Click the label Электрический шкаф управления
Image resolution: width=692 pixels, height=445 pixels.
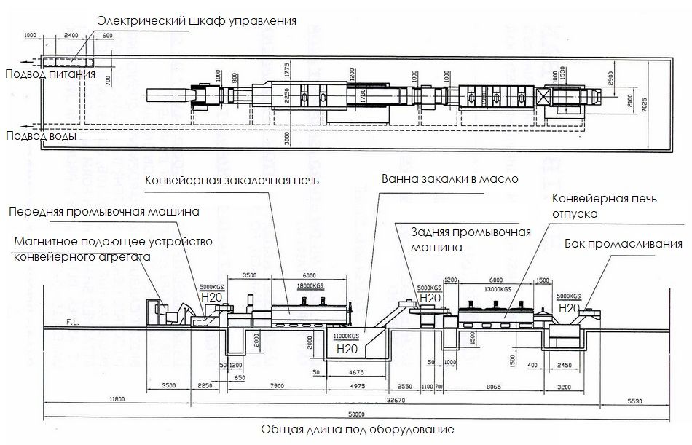(197, 20)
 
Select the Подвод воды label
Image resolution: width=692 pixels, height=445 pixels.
(42, 135)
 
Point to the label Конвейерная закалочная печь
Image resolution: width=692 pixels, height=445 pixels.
(232, 180)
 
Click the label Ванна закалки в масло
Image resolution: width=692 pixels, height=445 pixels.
(450, 178)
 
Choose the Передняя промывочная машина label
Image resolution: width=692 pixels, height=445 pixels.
(103, 212)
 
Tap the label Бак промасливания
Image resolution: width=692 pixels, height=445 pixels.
(624, 244)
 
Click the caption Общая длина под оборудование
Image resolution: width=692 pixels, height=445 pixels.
(358, 430)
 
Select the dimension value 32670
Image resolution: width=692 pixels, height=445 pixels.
(395, 399)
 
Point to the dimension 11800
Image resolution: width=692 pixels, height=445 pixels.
(117, 399)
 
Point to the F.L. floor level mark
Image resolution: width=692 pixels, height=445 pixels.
(72, 320)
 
